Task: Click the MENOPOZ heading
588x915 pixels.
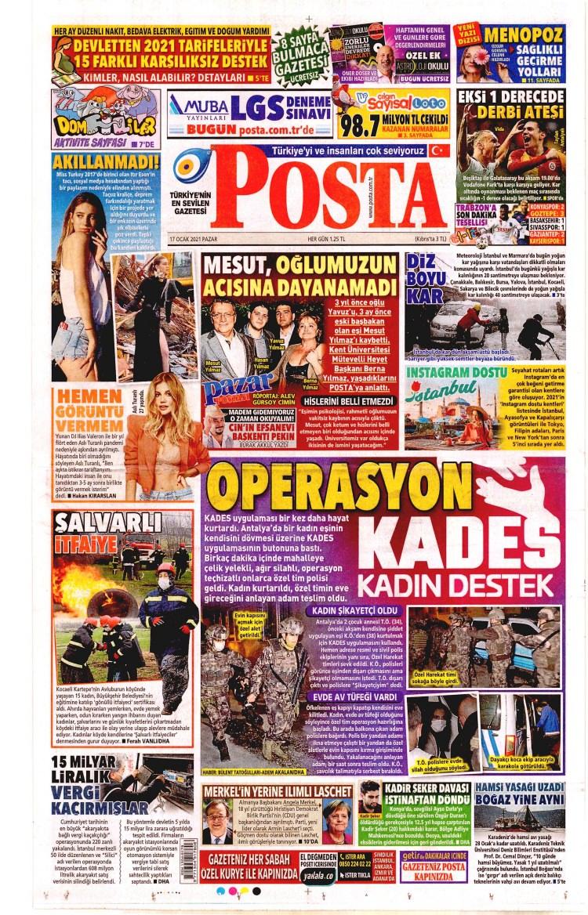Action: pyautogui.click(x=522, y=36)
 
